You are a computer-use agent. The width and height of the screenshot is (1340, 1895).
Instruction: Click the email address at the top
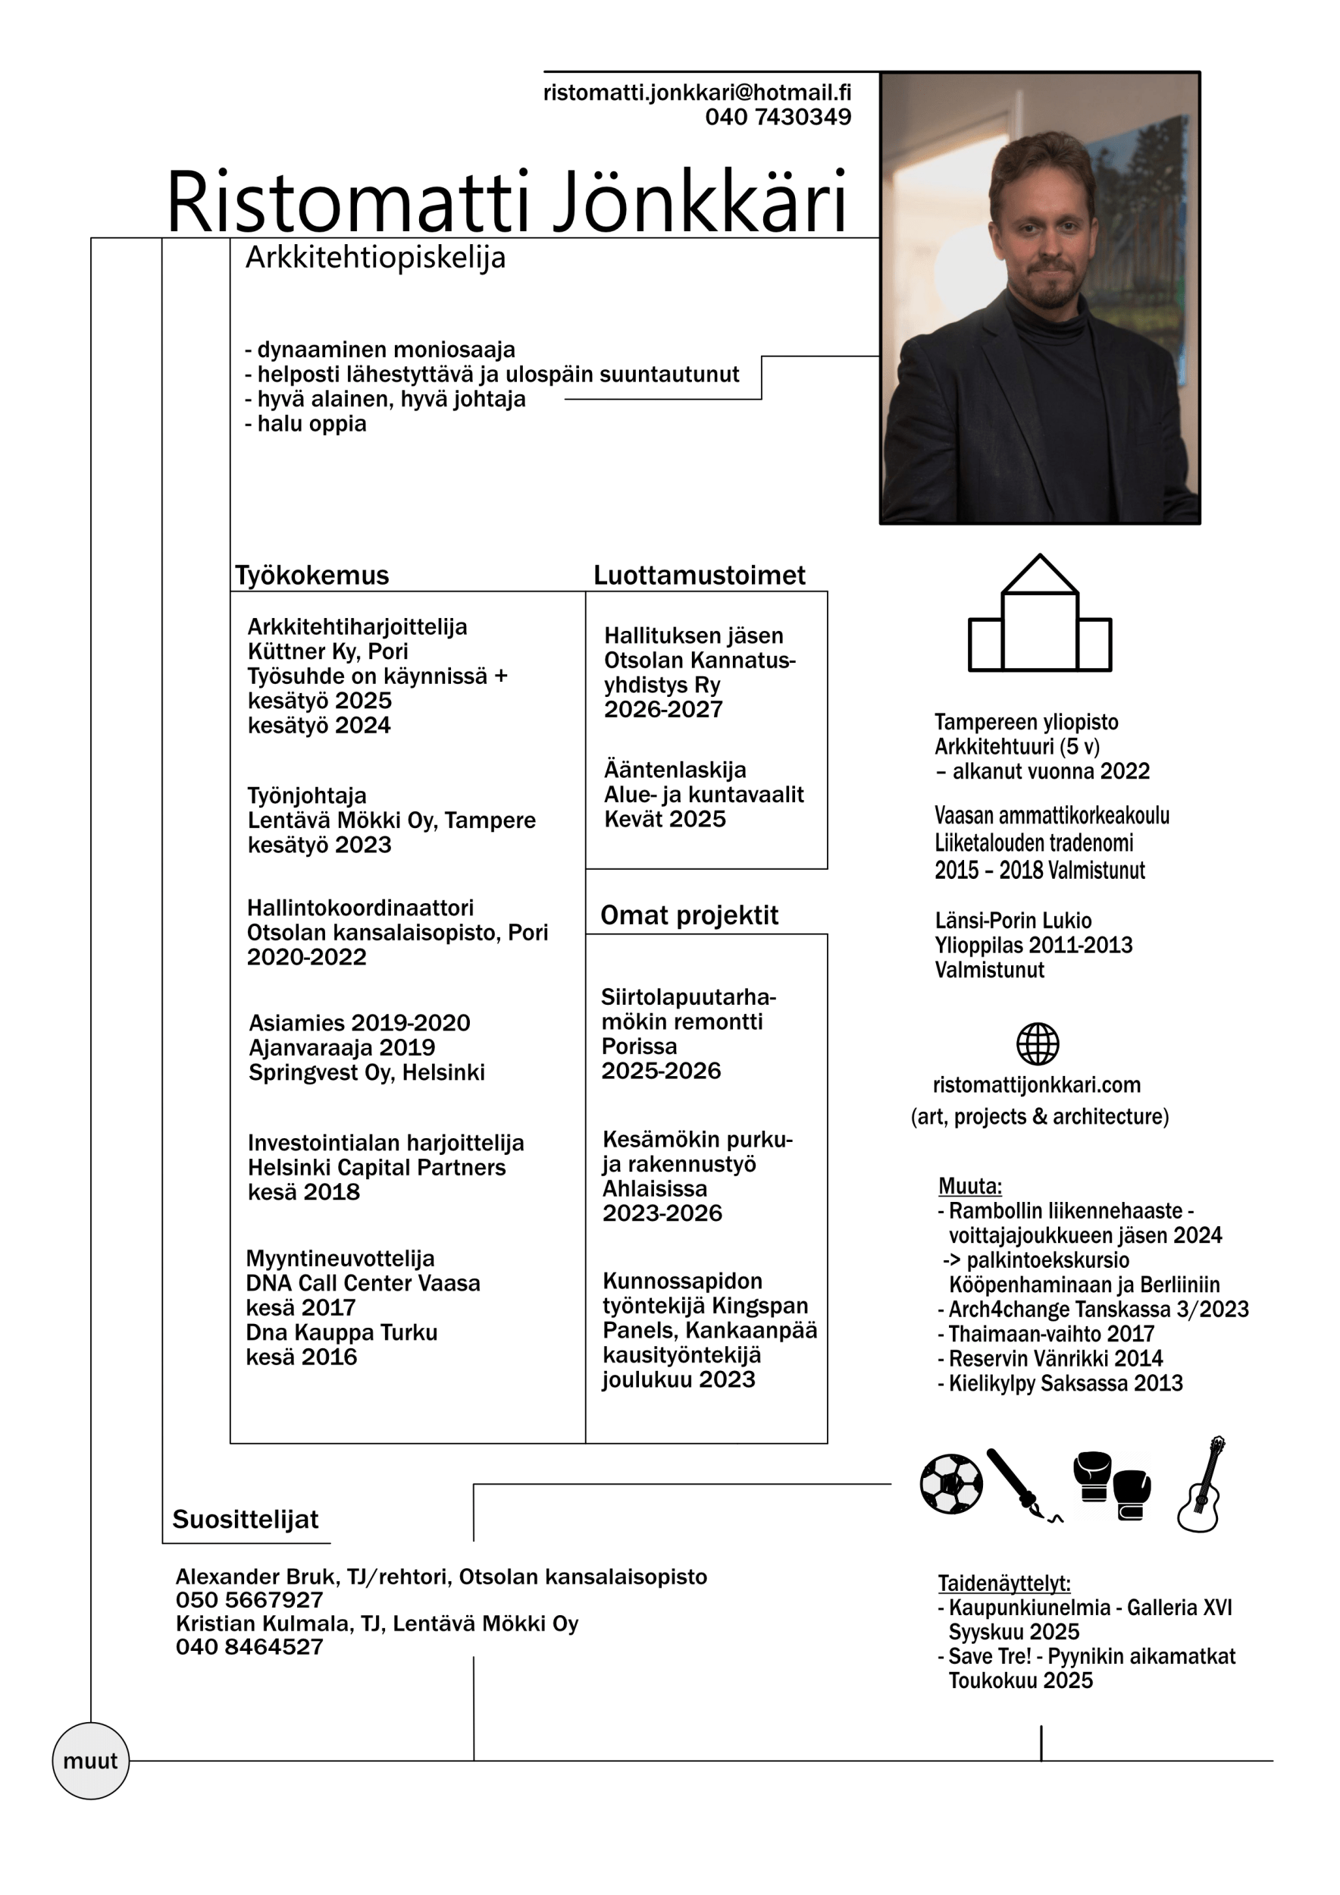point(697,93)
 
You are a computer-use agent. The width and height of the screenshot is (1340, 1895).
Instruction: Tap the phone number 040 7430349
point(778,118)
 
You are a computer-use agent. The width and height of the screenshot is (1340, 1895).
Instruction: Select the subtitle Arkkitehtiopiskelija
point(375,258)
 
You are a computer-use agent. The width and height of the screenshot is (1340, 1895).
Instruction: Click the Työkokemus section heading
point(312,576)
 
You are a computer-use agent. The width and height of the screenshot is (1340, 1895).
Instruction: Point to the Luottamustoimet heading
point(699,576)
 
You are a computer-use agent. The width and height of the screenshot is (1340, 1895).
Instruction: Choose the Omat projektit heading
point(689,915)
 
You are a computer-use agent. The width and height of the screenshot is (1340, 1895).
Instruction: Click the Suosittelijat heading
point(245,1520)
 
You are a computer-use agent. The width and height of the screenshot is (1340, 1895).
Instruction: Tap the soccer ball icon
point(951,1484)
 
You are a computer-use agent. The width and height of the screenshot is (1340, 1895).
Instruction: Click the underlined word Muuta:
point(969,1187)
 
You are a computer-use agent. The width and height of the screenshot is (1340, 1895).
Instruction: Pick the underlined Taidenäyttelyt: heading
point(1003,1584)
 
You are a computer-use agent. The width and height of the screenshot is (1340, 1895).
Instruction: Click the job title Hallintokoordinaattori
point(360,908)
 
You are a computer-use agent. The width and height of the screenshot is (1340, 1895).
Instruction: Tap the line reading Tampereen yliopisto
point(1025,722)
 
